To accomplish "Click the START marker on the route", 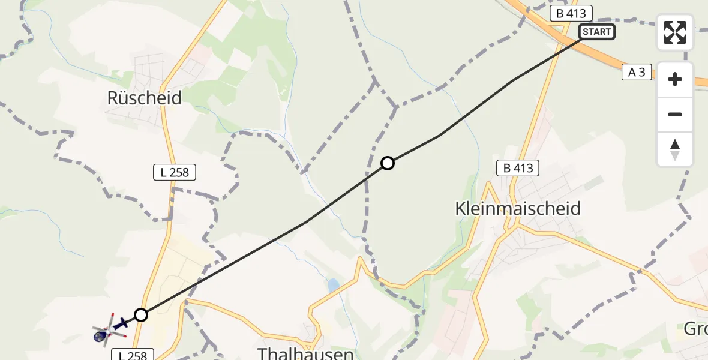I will tap(596, 32).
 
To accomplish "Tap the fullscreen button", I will tap(675, 32).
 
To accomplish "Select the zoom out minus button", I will tap(675, 114).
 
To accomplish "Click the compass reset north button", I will tap(675, 149).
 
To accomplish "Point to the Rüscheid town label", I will tap(144, 98).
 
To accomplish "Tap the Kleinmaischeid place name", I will tap(518, 209).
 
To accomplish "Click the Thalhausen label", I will tap(305, 353).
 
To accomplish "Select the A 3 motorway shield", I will tap(637, 73).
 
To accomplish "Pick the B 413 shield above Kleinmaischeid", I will tap(518, 168).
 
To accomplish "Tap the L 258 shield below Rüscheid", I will tap(175, 173).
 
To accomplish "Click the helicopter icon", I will tap(109, 329).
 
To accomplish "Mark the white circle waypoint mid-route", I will tap(388, 163).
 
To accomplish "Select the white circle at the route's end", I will tap(140, 314).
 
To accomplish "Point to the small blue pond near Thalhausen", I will tap(333, 286).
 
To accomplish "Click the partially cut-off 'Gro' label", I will tap(696, 329).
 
